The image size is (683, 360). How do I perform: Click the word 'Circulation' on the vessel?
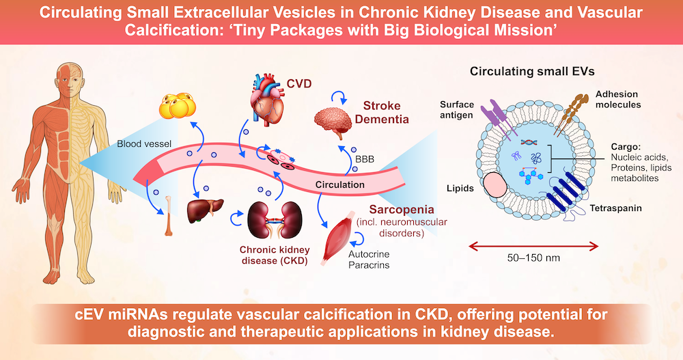click(x=339, y=184)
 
